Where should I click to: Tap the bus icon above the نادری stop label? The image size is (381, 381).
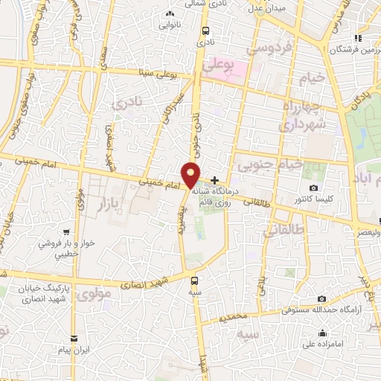click(206, 31)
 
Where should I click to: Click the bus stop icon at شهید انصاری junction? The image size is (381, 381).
click(194, 281)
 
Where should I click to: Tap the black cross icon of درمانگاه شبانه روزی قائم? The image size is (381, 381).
click(215, 180)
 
